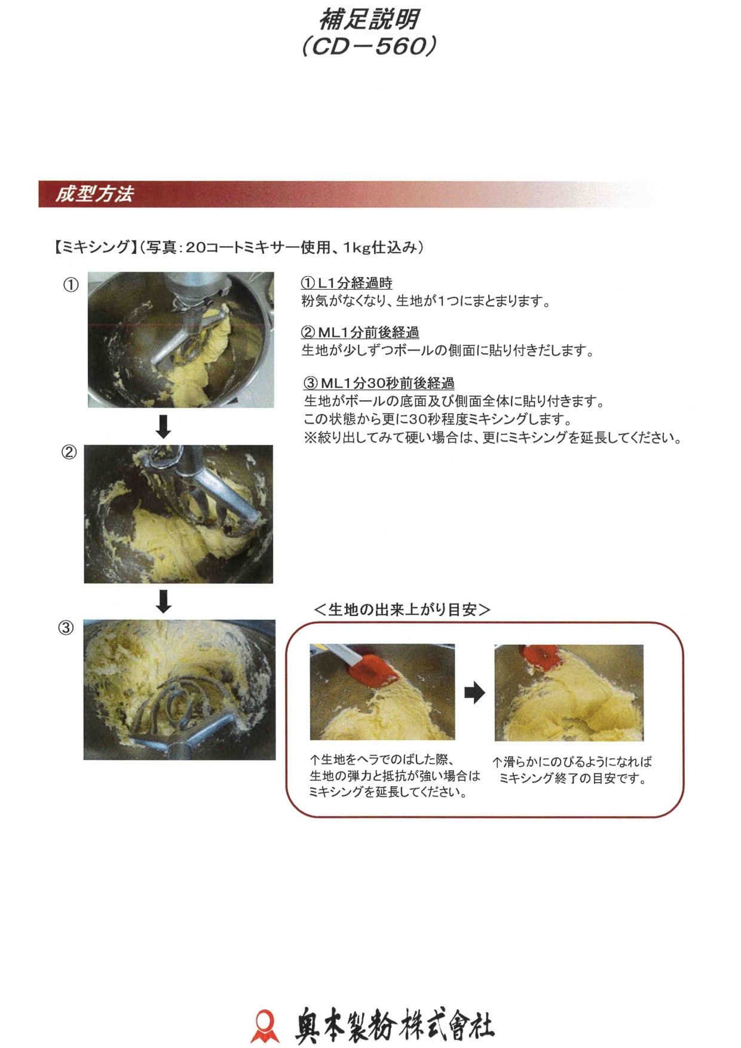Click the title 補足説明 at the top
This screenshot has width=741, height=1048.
pyautogui.click(x=369, y=19)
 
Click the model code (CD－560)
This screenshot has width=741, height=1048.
pyautogui.click(x=369, y=46)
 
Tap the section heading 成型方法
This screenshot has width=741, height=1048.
pyautogui.click(x=94, y=194)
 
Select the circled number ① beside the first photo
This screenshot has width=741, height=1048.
pyautogui.click(x=71, y=285)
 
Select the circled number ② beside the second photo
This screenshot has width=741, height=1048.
pyautogui.click(x=69, y=452)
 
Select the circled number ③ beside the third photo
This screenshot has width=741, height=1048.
pyautogui.click(x=66, y=627)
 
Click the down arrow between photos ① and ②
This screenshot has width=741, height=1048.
pyautogui.click(x=163, y=426)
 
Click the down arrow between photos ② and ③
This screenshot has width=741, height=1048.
pyautogui.click(x=163, y=601)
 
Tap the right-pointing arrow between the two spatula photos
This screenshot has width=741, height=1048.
pyautogui.click(x=474, y=692)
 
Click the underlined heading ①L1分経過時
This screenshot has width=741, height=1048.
pyautogui.click(x=347, y=283)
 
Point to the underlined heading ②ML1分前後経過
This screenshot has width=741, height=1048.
pyautogui.click(x=360, y=332)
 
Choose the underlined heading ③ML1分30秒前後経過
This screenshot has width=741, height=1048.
pyautogui.click(x=379, y=383)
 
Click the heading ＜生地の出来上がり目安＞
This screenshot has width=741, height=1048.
pyautogui.click(x=402, y=609)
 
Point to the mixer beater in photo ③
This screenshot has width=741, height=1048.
pyautogui.click(x=179, y=717)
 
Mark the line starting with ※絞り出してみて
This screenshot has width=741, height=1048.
pyautogui.click(x=492, y=437)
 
